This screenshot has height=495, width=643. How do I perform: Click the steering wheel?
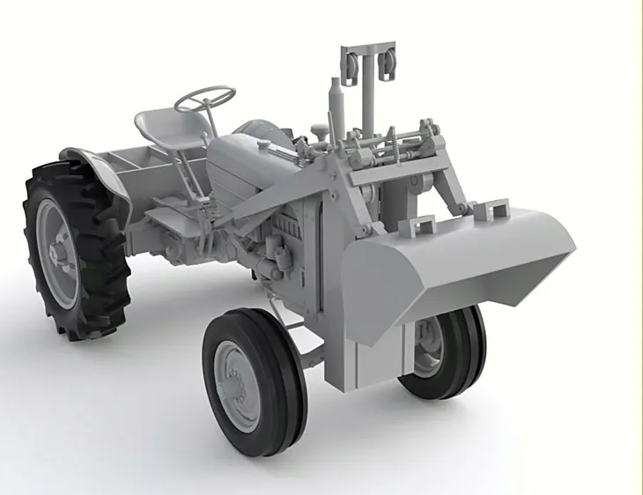click(204, 98)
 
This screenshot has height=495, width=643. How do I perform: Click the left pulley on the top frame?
click(352, 66)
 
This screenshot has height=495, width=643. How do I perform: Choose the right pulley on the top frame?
click(386, 65)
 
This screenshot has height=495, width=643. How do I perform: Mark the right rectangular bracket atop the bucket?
click(491, 210)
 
